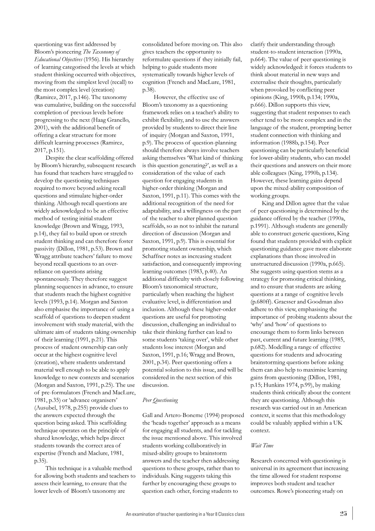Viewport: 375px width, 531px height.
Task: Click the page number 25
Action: pos(343,514)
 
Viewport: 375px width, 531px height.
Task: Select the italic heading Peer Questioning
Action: pos(160,400)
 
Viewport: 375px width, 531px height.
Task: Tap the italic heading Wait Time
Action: pos(262,445)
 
